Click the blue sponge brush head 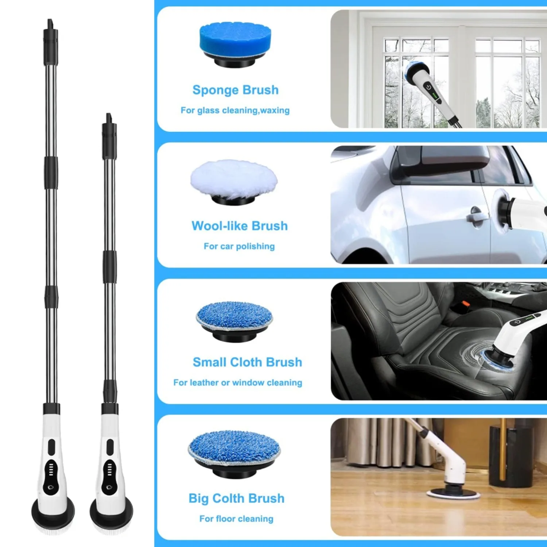[235, 44]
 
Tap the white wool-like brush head [234, 182]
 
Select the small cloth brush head [234, 320]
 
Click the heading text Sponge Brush [236, 90]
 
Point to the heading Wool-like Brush [240, 226]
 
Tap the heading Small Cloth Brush [247, 362]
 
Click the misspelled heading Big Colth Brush [236, 498]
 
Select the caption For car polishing [239, 246]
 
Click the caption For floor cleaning [236, 519]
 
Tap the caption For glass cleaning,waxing [235, 110]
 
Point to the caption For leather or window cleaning [238, 383]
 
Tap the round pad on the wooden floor [453, 493]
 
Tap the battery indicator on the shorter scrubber [109, 469]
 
